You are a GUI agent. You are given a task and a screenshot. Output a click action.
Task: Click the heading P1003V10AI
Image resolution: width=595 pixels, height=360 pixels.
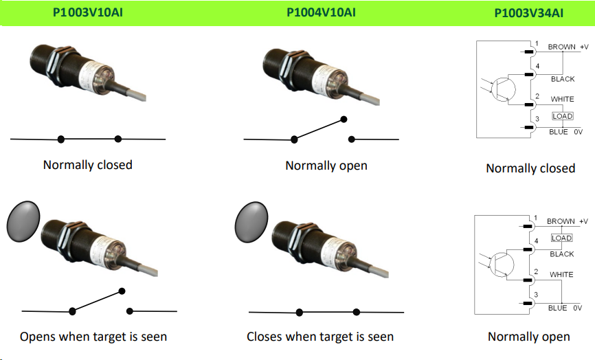(87, 12)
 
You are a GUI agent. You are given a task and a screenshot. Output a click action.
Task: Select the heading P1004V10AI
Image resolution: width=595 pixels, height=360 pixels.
(321, 12)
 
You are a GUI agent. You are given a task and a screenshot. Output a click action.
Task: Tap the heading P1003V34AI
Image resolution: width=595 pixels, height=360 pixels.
(529, 13)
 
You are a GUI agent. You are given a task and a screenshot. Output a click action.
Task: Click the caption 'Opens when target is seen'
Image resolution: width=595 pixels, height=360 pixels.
(93, 337)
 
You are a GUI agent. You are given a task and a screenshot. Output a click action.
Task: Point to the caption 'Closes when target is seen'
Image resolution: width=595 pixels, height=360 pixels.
(320, 337)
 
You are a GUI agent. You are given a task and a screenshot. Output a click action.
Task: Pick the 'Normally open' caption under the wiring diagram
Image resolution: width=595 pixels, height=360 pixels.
(529, 337)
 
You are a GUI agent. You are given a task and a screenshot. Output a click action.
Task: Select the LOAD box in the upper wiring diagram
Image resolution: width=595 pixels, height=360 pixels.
(562, 116)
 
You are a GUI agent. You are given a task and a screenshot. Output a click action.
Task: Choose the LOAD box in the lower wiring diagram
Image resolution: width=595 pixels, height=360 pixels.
(561, 238)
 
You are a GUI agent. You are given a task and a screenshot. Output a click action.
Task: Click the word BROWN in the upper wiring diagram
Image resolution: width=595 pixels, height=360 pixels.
(561, 47)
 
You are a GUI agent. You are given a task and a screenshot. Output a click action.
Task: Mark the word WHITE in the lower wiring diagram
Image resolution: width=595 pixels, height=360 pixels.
(561, 275)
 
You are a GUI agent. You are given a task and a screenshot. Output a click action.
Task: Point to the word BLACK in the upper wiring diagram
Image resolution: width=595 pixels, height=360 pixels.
(563, 80)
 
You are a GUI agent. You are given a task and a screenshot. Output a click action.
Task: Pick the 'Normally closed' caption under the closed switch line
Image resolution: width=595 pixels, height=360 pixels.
(87, 165)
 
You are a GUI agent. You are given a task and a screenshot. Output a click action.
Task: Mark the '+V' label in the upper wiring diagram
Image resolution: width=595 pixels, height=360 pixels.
(584, 47)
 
